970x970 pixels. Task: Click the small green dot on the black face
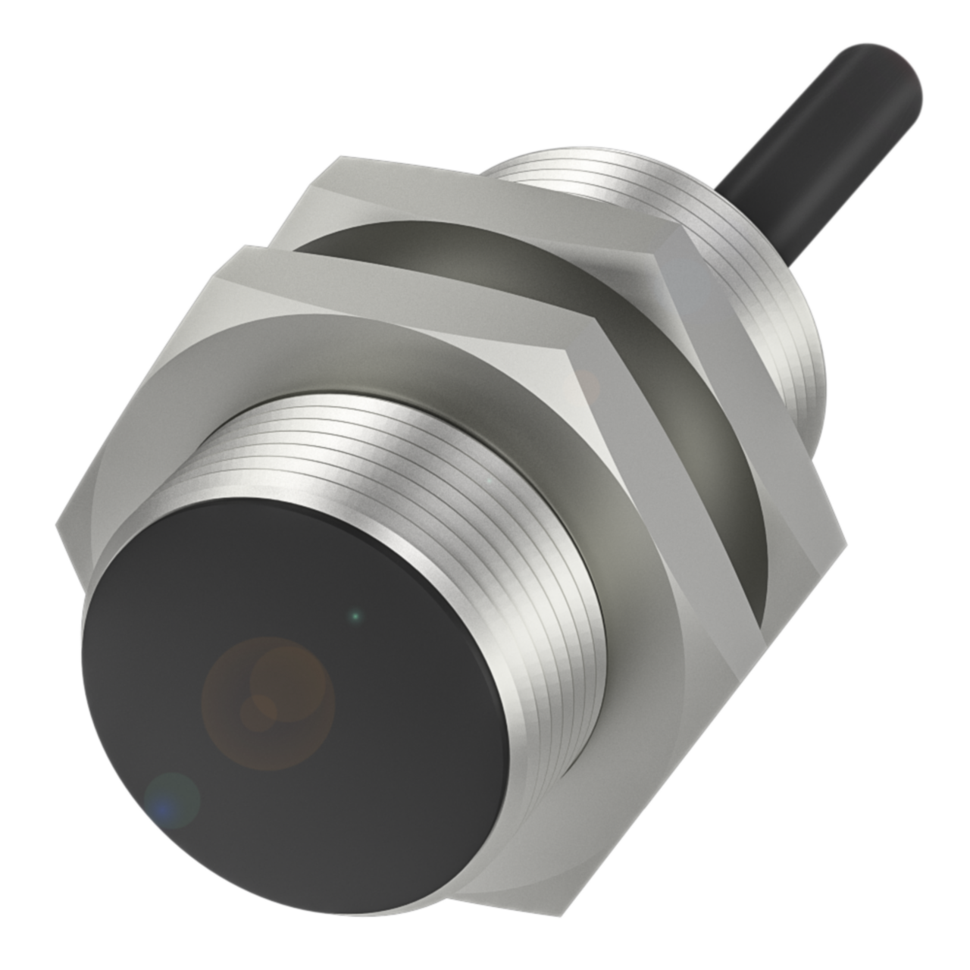pyautogui.click(x=355, y=616)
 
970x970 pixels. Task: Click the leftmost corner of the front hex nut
pyautogui.click(x=58, y=523)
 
